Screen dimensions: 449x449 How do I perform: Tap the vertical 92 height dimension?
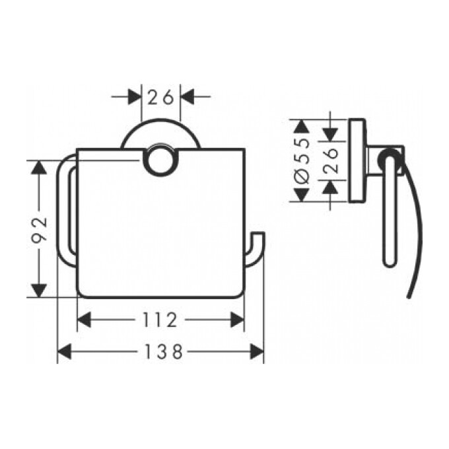(40, 228)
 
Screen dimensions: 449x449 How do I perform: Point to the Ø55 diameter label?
(301, 160)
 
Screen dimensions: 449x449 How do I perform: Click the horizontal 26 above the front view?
(160, 97)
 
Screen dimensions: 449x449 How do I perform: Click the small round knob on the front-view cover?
(159, 160)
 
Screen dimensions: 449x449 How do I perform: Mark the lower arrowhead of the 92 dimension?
(40, 289)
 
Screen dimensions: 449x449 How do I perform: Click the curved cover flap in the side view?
(409, 238)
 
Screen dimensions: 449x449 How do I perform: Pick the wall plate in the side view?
(357, 160)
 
